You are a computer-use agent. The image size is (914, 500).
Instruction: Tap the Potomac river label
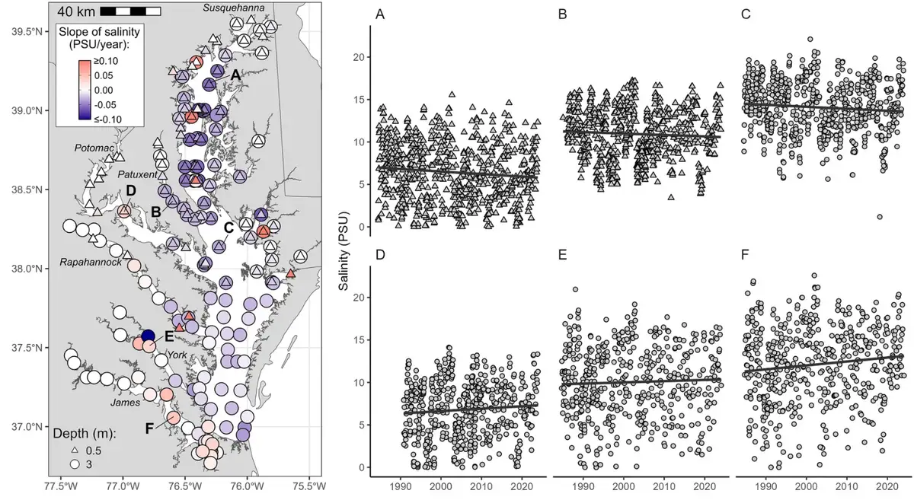coord(94,148)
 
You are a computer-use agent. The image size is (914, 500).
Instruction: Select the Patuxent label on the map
coord(138,174)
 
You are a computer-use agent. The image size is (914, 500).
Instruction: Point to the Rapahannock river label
coord(91,262)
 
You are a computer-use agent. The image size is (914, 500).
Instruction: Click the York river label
coord(177,355)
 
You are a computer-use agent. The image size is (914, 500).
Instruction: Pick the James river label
coord(125,403)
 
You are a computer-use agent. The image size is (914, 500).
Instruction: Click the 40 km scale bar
coord(130,11)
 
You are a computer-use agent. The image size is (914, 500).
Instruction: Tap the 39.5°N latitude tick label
coord(27,32)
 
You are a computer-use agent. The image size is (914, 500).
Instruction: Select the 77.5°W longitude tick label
coord(61,486)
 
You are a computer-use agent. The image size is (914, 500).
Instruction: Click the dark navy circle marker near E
coord(148,336)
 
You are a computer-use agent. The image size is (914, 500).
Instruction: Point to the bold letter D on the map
coord(131,190)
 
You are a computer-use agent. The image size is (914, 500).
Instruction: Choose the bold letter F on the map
coord(150,428)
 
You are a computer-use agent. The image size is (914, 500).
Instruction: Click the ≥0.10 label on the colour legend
coord(106,61)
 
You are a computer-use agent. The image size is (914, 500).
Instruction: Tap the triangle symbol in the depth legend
coord(75,451)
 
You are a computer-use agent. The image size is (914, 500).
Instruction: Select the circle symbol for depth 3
coord(75,464)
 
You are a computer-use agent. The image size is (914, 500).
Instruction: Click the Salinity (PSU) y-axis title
coord(344,251)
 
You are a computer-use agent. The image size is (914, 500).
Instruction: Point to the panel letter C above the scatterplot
coord(746,14)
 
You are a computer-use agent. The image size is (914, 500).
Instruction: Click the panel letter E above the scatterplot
coord(562,255)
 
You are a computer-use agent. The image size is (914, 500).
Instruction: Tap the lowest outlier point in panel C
coord(880,217)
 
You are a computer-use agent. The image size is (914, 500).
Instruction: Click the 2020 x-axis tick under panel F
coord(887,486)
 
